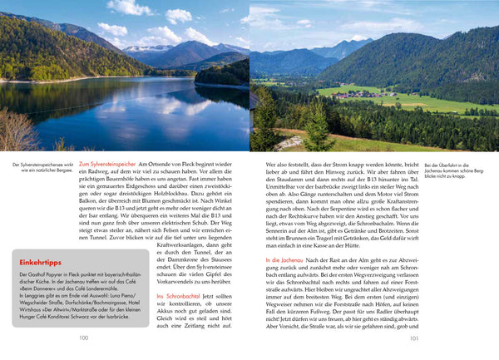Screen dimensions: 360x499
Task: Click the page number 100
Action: (83, 338)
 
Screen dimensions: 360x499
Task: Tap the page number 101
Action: (414, 338)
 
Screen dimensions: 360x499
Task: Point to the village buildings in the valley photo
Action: (366, 93)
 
